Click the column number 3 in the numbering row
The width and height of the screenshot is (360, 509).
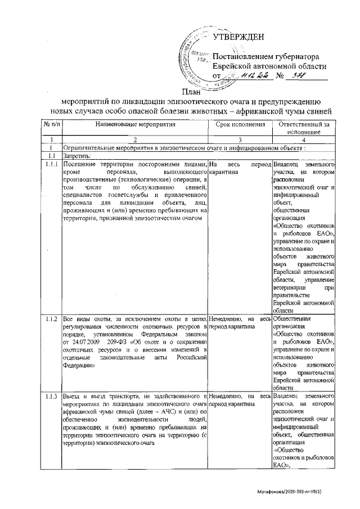point(240,139)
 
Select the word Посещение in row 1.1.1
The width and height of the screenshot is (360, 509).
point(80,163)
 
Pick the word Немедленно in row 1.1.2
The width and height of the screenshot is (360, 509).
point(225,318)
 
